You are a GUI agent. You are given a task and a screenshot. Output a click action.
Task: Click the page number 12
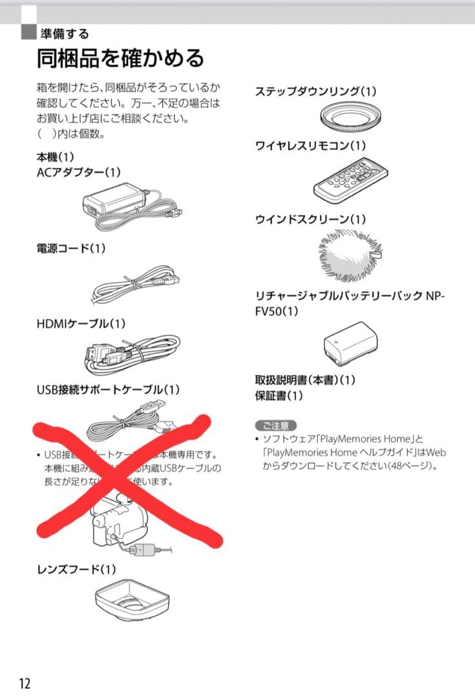(24, 683)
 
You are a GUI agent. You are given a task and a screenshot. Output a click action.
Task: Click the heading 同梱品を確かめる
(120, 58)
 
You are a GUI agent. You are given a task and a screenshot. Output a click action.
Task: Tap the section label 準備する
(65, 34)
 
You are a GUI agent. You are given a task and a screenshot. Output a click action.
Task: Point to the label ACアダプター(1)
(78, 172)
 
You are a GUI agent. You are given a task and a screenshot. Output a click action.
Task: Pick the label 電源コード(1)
(71, 248)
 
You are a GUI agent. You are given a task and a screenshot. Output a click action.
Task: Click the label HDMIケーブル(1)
(81, 323)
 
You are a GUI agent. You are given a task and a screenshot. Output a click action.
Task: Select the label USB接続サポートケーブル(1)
(108, 390)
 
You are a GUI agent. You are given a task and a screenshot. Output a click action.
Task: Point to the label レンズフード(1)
(76, 569)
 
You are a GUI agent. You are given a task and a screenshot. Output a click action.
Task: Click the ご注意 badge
(276, 425)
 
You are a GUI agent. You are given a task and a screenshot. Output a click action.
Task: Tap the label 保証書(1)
(279, 396)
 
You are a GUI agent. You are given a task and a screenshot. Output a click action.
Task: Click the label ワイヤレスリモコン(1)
(310, 146)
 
